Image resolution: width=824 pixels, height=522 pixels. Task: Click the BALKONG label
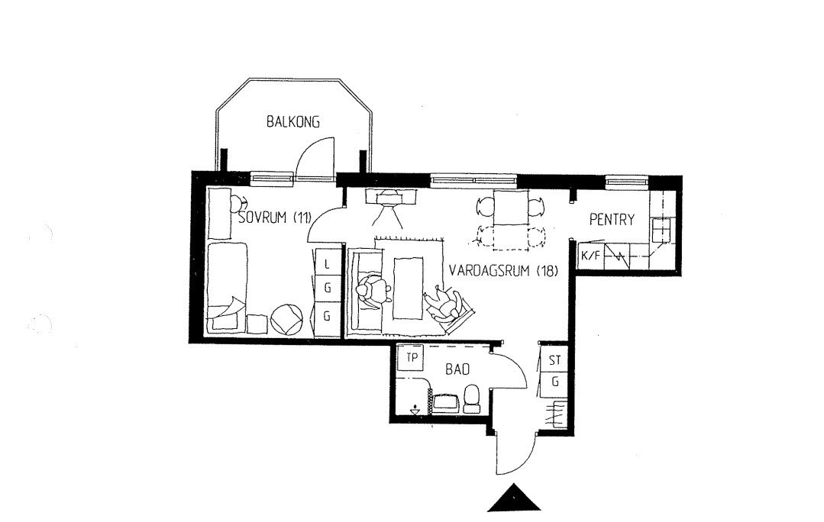[x=292, y=122]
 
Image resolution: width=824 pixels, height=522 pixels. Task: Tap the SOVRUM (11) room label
[x=275, y=217]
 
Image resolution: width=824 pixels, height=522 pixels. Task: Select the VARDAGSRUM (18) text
[x=503, y=271]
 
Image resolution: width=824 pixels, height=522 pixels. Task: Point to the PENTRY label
[x=612, y=219]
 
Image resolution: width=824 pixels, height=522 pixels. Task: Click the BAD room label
[x=457, y=369]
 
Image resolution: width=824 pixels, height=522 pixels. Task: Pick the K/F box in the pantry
[x=590, y=256]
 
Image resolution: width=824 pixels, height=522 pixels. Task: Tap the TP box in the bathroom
[x=412, y=358]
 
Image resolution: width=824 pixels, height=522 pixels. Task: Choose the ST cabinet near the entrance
[x=554, y=359]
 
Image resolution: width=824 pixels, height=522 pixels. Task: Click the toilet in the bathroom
[x=471, y=398]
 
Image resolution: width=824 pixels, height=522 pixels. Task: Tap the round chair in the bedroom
[x=286, y=319]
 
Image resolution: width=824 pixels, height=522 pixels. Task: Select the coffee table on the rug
[x=409, y=288]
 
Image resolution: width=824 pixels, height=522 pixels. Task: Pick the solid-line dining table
[x=511, y=208]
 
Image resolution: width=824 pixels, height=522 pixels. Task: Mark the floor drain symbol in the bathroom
[x=415, y=410]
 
